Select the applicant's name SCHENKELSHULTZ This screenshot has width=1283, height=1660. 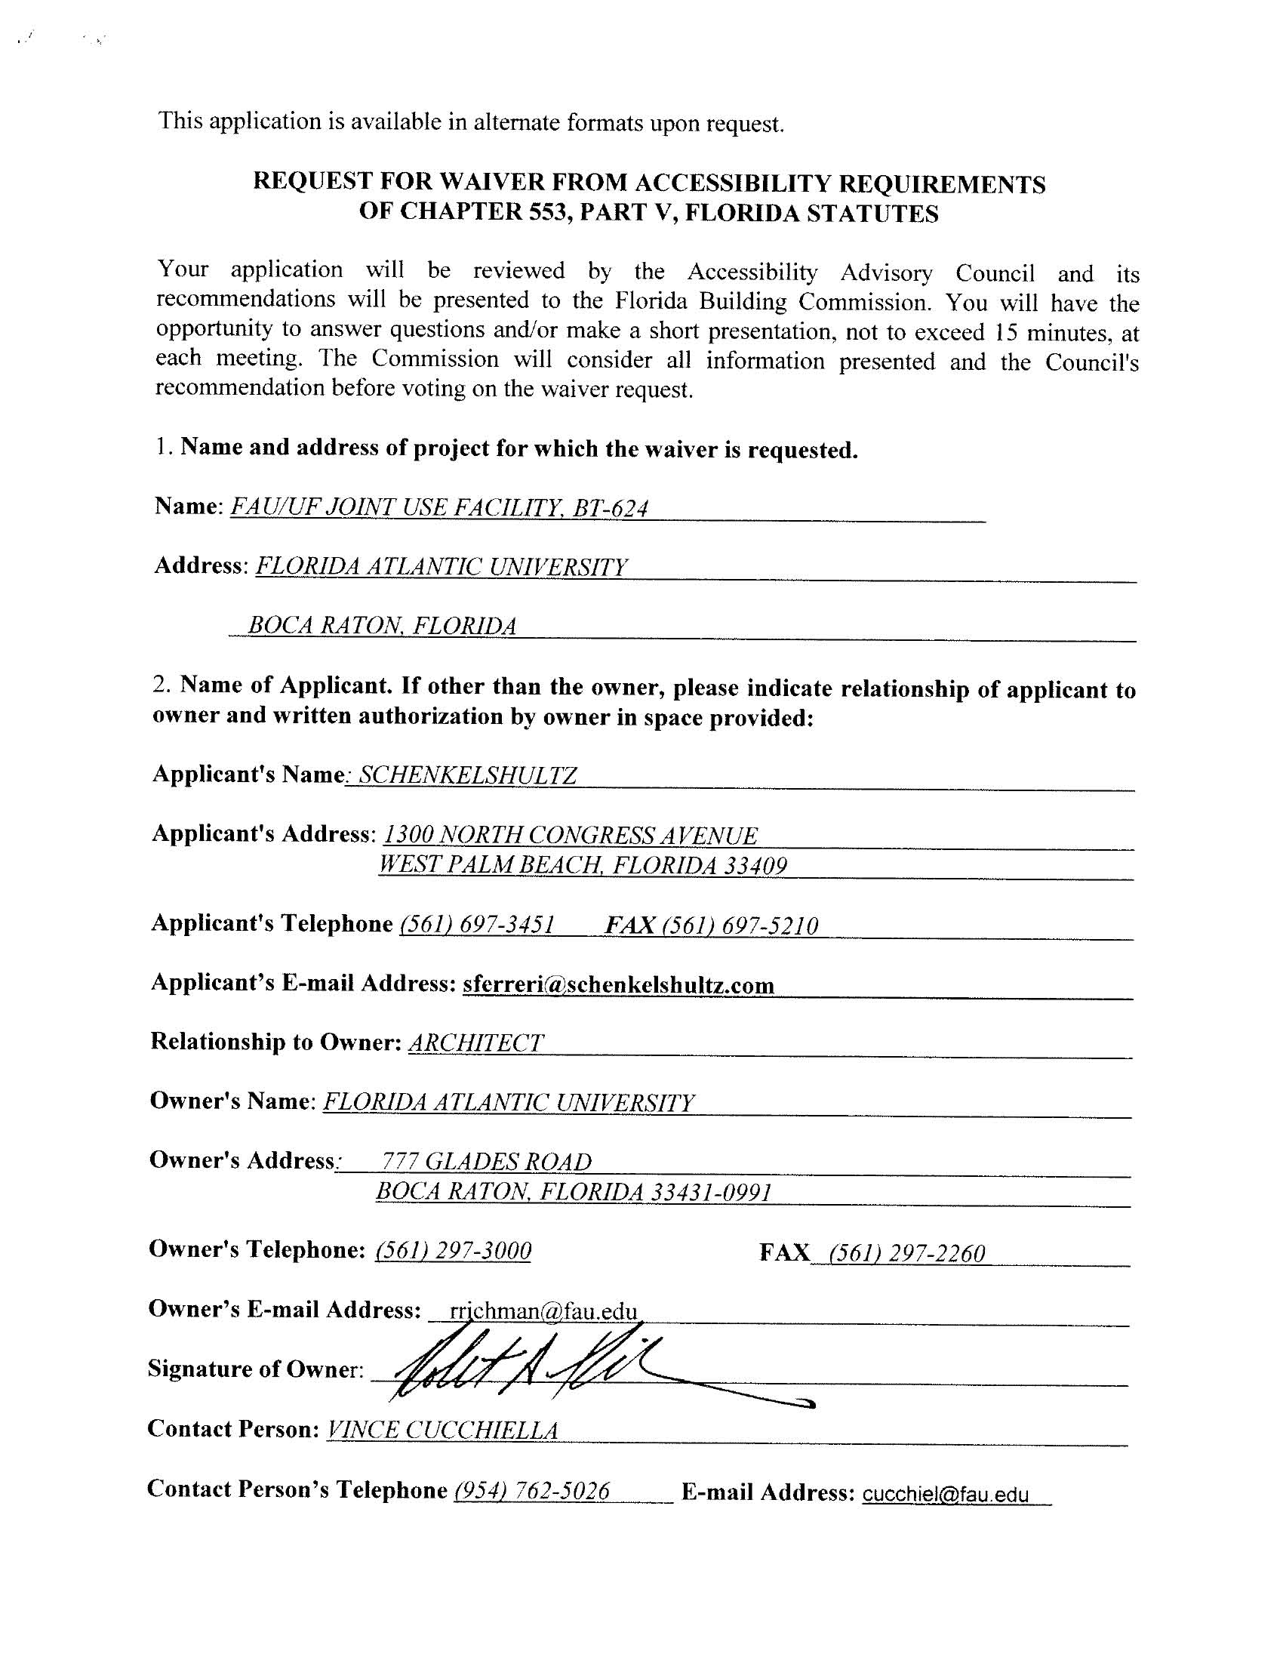tap(467, 775)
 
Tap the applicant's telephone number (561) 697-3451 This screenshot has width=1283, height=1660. tap(476, 925)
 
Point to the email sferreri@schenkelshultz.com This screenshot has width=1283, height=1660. tap(618, 985)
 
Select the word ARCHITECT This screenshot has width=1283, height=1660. tap(475, 1043)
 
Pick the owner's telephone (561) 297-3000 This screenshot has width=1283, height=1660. tap(453, 1251)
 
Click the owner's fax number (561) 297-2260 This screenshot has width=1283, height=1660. tap(906, 1252)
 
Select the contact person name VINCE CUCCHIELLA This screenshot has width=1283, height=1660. tap(442, 1431)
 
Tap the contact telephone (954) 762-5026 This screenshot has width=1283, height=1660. tap(531, 1490)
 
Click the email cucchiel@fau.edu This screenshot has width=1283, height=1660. tap(945, 1495)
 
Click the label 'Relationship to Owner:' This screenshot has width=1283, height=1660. tap(275, 1042)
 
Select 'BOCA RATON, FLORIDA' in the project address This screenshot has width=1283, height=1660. tap(383, 626)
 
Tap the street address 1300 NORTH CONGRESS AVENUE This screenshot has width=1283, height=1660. tap(570, 836)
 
